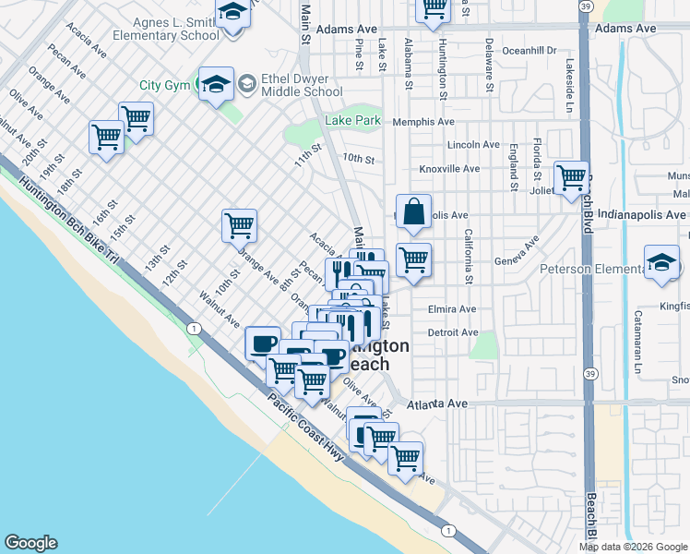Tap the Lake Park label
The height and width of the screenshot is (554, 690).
(x=352, y=121)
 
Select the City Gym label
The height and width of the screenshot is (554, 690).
(x=164, y=86)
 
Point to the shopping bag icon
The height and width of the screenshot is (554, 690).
(x=413, y=211)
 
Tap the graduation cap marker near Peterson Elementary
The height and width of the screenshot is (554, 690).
(x=661, y=262)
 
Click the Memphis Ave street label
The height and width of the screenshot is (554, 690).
(x=423, y=122)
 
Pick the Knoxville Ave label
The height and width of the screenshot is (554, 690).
(x=449, y=169)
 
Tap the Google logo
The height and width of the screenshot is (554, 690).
(x=30, y=543)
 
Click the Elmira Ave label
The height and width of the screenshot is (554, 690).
(x=452, y=309)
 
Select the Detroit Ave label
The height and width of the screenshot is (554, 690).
(x=453, y=332)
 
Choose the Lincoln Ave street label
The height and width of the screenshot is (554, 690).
(x=472, y=145)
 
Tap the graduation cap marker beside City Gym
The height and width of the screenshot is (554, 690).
(x=217, y=85)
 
